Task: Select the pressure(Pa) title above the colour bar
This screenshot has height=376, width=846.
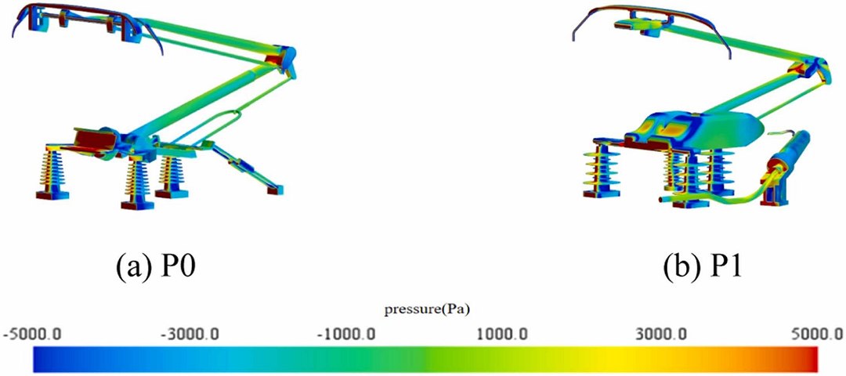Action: point(423,309)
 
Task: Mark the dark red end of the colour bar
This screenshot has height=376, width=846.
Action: point(812,360)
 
